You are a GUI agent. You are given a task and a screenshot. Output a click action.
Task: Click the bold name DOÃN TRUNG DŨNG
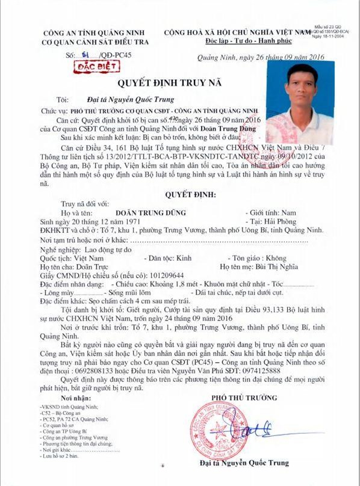(151, 213)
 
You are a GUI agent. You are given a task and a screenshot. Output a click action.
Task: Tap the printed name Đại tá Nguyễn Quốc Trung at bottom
(244, 463)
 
